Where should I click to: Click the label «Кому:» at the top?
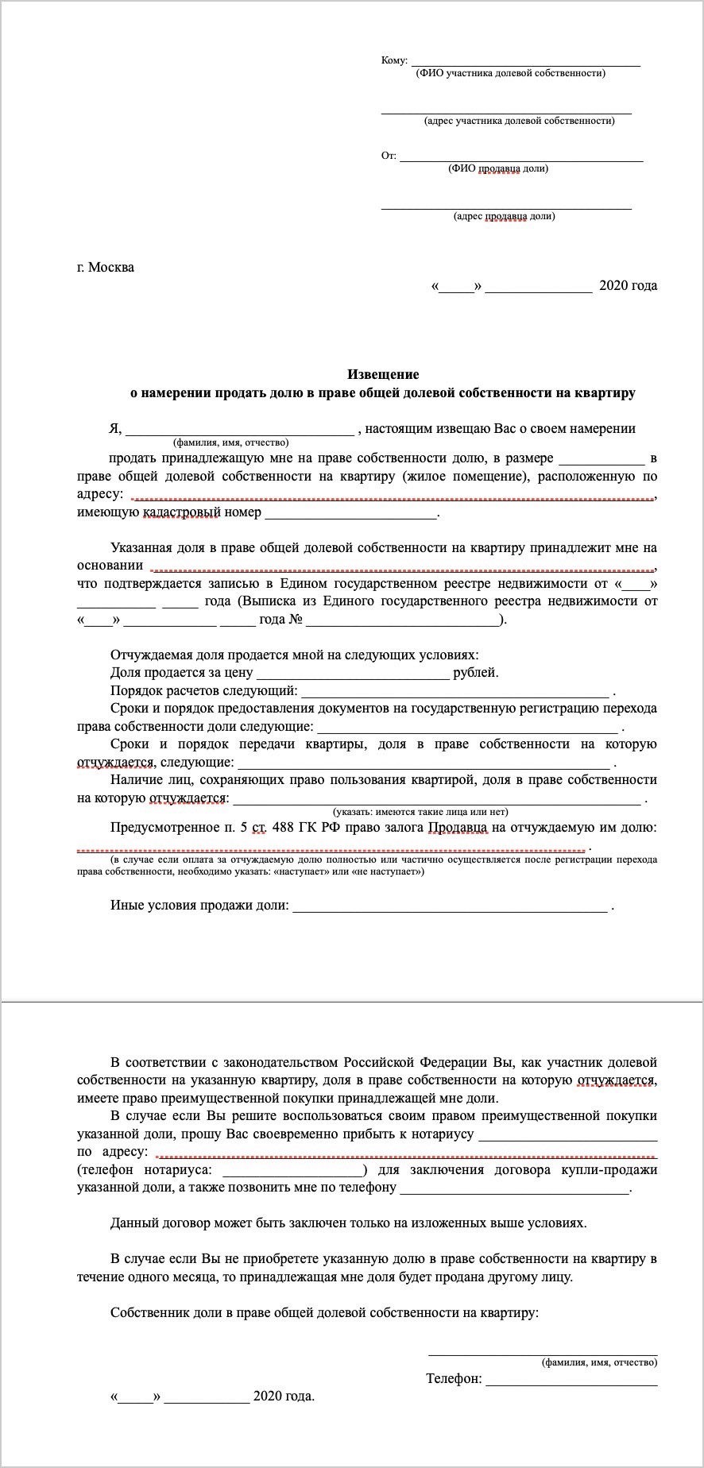click(x=394, y=61)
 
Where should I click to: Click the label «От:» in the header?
click(x=389, y=156)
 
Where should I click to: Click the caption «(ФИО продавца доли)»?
click(x=498, y=168)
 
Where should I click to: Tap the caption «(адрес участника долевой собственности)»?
click(x=520, y=121)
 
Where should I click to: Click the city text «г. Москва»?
click(x=106, y=267)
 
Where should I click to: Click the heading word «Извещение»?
click(x=383, y=374)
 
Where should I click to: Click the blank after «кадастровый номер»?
click(x=351, y=516)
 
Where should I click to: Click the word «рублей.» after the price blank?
click(x=476, y=673)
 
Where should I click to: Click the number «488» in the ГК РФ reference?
click(x=283, y=828)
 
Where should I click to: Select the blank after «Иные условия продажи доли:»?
click(x=451, y=909)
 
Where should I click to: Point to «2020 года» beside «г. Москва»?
click(x=628, y=286)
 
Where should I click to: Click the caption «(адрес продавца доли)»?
click(x=505, y=216)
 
